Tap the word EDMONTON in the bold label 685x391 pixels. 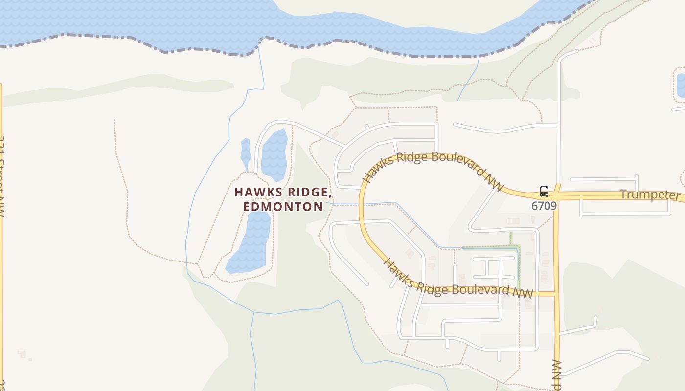tap(283, 207)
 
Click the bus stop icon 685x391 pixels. tap(544, 191)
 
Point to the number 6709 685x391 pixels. tap(544, 206)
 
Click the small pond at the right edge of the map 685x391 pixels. tap(680, 85)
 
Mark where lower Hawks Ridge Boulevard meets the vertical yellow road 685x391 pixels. tap(556, 294)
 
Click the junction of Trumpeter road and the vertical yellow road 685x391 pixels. tap(557, 195)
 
